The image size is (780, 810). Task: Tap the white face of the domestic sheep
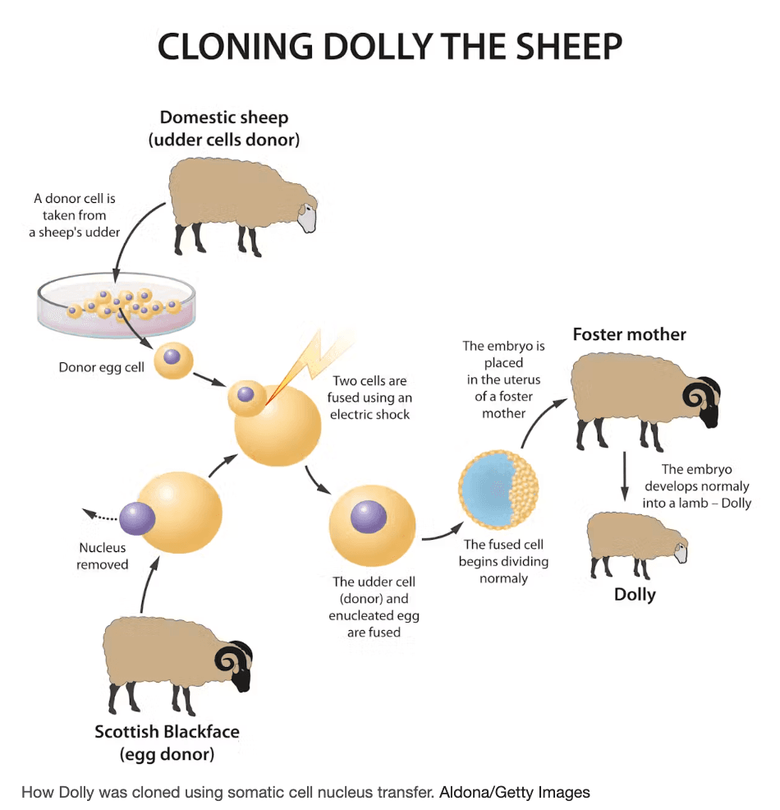[308, 218]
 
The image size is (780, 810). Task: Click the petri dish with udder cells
[117, 305]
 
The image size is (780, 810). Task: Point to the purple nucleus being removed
[137, 518]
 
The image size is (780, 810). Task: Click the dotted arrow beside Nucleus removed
[99, 515]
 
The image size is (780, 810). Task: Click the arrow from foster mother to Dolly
[625, 476]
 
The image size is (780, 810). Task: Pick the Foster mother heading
[629, 334]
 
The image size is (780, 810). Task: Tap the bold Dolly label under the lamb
[635, 594]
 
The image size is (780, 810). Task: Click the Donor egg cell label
[101, 367]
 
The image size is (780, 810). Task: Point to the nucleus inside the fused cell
[369, 517]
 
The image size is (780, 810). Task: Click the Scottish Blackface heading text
[167, 731]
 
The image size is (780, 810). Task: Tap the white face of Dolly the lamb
[681, 553]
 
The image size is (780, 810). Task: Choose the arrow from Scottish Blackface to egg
[147, 584]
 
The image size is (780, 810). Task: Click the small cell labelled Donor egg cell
[173, 360]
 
